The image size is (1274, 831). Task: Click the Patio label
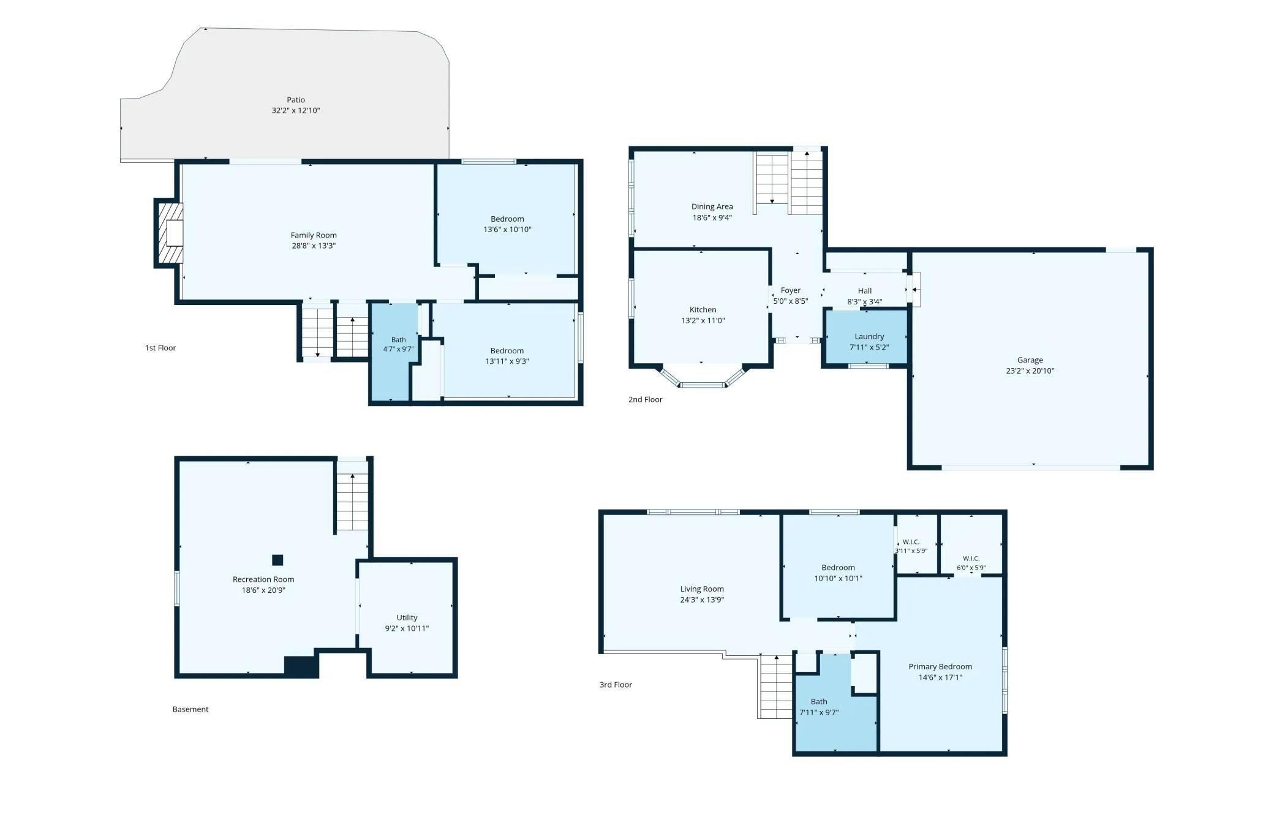(x=296, y=100)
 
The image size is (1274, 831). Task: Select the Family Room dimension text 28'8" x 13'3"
(x=314, y=246)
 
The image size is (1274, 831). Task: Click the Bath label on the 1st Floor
(x=399, y=340)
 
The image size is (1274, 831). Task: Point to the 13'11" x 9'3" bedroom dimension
(x=507, y=361)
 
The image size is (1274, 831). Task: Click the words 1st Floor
(x=160, y=348)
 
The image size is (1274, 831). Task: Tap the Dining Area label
(x=712, y=206)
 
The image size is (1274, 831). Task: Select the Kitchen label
(x=703, y=310)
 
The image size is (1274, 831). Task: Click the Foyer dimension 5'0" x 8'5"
(x=791, y=301)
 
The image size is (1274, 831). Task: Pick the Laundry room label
(x=869, y=336)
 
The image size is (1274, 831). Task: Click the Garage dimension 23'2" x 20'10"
(x=1030, y=370)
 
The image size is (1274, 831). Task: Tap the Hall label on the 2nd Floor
(x=865, y=291)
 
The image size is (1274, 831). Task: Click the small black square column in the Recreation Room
(x=277, y=560)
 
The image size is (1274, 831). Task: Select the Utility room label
(x=407, y=617)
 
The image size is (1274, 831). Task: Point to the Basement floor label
(x=190, y=709)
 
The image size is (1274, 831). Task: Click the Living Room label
(x=702, y=589)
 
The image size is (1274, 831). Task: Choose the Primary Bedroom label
(x=940, y=666)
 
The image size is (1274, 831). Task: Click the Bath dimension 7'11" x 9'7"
(x=819, y=712)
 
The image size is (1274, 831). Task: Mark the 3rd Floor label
(x=616, y=685)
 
